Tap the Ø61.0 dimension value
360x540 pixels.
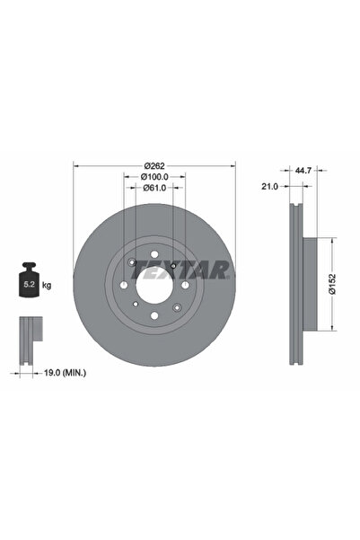click(154, 190)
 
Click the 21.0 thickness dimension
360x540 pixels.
click(267, 186)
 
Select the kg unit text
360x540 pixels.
click(47, 285)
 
